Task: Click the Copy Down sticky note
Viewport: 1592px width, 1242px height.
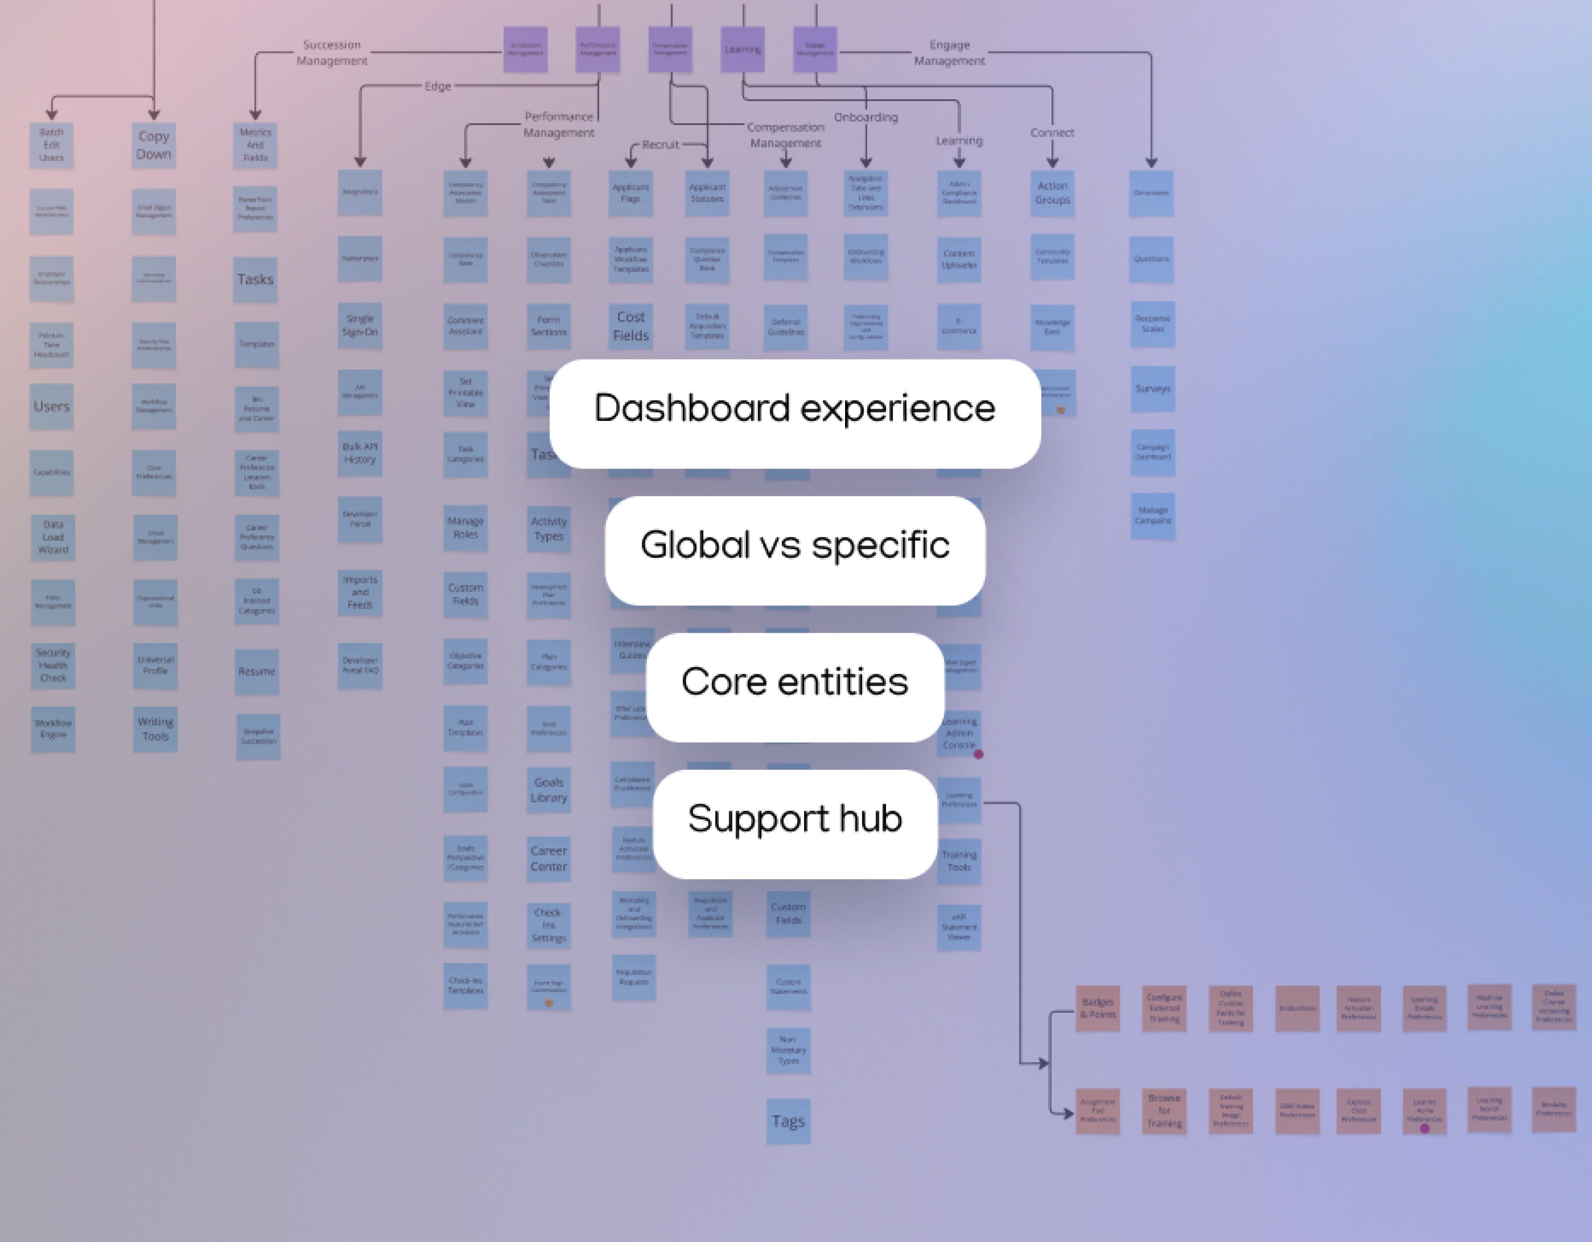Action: click(154, 146)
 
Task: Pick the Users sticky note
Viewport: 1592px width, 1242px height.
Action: click(52, 407)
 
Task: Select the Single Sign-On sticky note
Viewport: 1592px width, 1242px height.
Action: click(360, 325)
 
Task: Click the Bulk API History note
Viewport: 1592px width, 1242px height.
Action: click(360, 453)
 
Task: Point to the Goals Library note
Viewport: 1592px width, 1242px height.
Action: click(549, 790)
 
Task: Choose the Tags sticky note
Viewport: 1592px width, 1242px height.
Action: click(788, 1121)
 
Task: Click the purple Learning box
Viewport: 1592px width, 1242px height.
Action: click(742, 50)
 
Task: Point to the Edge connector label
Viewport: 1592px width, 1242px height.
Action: click(437, 86)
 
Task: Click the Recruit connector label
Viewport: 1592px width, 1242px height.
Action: click(660, 144)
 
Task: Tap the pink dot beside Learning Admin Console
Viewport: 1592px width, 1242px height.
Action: click(978, 754)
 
